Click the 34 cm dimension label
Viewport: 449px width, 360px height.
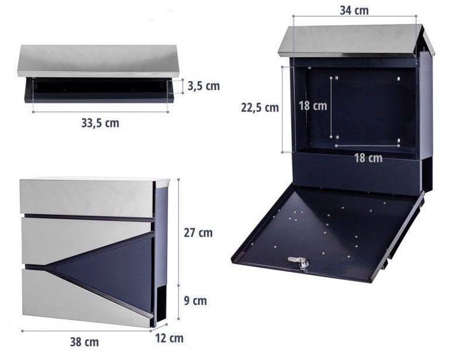click(x=354, y=11)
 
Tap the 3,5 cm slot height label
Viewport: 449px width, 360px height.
click(x=203, y=86)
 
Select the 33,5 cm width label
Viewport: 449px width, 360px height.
click(x=100, y=123)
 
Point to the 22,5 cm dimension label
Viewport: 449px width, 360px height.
click(x=260, y=108)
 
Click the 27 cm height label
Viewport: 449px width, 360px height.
click(x=198, y=233)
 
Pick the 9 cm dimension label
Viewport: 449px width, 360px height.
click(x=195, y=301)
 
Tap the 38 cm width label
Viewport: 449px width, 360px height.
click(x=84, y=342)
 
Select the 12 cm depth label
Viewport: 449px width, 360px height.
click(x=169, y=338)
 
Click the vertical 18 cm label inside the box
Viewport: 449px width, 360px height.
click(x=313, y=106)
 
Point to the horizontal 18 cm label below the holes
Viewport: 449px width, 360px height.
click(x=368, y=158)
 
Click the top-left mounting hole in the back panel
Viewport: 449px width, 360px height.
click(x=337, y=78)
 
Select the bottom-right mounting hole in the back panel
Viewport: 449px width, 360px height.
click(x=399, y=140)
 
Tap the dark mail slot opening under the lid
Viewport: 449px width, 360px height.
click(x=100, y=86)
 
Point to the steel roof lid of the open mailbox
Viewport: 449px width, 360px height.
click(x=355, y=41)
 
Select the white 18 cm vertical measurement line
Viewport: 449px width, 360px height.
click(x=331, y=108)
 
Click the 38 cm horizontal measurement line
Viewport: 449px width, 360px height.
click(x=86, y=331)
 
